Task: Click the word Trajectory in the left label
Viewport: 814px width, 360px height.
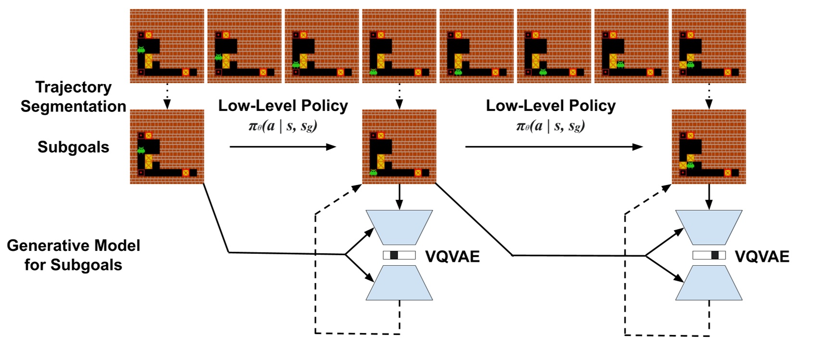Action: [73, 87]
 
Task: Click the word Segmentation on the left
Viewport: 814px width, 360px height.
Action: [73, 106]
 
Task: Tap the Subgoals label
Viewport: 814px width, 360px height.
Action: [73, 147]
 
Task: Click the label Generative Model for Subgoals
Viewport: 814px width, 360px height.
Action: [73, 255]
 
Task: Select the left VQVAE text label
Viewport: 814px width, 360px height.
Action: [452, 257]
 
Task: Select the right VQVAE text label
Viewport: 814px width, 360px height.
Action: [762, 257]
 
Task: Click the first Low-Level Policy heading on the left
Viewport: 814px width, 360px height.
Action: [283, 106]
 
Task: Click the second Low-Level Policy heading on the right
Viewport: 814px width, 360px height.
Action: [551, 106]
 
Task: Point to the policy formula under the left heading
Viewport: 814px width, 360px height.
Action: [283, 126]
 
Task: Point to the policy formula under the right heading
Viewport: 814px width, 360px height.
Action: [551, 126]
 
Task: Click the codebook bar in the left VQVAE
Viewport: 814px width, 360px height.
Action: [399, 255]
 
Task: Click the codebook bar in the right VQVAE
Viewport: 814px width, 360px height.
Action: [709, 255]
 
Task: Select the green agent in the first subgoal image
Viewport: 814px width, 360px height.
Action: [141, 150]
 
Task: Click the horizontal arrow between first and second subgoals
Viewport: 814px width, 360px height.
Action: [283, 147]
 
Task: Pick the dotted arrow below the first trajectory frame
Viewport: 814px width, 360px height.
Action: [167, 96]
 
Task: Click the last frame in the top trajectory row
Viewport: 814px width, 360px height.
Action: [709, 46]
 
